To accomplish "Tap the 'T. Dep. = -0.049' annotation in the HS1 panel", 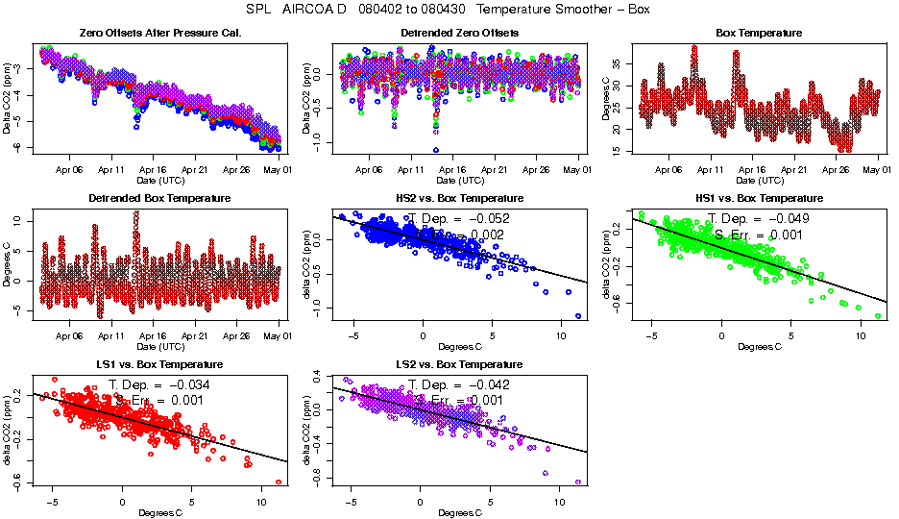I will coord(759,219).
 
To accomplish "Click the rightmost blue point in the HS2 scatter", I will coord(578,316).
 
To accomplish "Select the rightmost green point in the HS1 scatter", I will coord(878,316).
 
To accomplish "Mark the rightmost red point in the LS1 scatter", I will coord(279,482).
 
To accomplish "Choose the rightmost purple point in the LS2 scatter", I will coord(578,482).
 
